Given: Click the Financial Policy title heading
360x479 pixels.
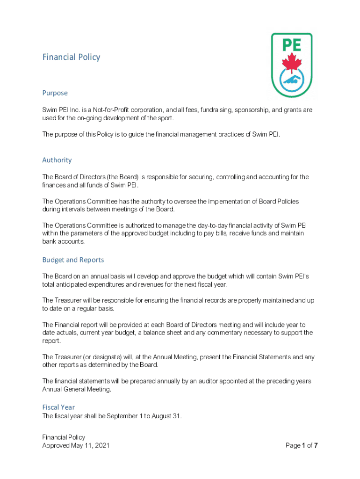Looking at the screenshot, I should coord(71,57).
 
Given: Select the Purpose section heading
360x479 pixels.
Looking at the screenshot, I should coord(55,93).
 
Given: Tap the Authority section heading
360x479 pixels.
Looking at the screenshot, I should coord(57,160).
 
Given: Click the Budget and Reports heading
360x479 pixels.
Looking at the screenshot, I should coord(73,260).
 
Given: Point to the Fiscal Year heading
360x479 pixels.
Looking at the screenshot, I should coord(58,407).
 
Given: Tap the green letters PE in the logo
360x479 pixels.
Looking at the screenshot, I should coord(292,45).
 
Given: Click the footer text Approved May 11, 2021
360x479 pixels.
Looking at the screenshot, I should coord(76,445).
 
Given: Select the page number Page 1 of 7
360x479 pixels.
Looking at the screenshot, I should coord(302,445).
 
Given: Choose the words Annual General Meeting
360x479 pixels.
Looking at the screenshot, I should coord(76,389).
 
